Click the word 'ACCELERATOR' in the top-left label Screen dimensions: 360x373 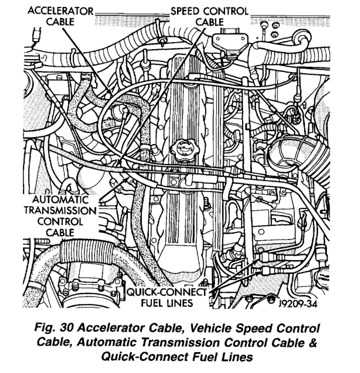tap(61, 11)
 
